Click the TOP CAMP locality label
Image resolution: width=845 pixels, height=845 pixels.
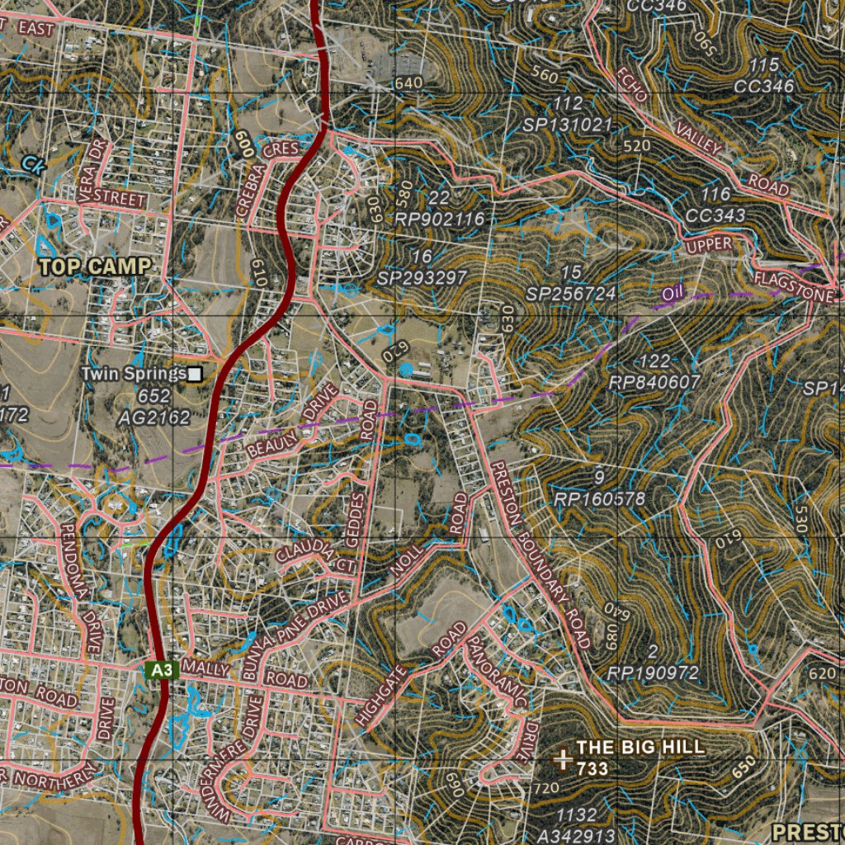coord(96,267)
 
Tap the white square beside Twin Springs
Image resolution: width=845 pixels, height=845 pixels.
coord(195,375)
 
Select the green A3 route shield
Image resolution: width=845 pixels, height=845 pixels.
coord(162,670)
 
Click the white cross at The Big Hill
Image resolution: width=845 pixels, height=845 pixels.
coord(564,759)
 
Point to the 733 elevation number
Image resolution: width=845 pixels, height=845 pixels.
coord(592,769)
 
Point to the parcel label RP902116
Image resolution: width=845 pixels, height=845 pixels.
coord(439,220)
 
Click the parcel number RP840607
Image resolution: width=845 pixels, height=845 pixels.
coord(654,383)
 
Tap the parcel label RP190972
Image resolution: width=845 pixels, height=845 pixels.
coord(653,673)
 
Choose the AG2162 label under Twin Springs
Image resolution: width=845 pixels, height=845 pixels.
coord(154,418)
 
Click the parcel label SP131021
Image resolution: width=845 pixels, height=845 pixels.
coord(568,125)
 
